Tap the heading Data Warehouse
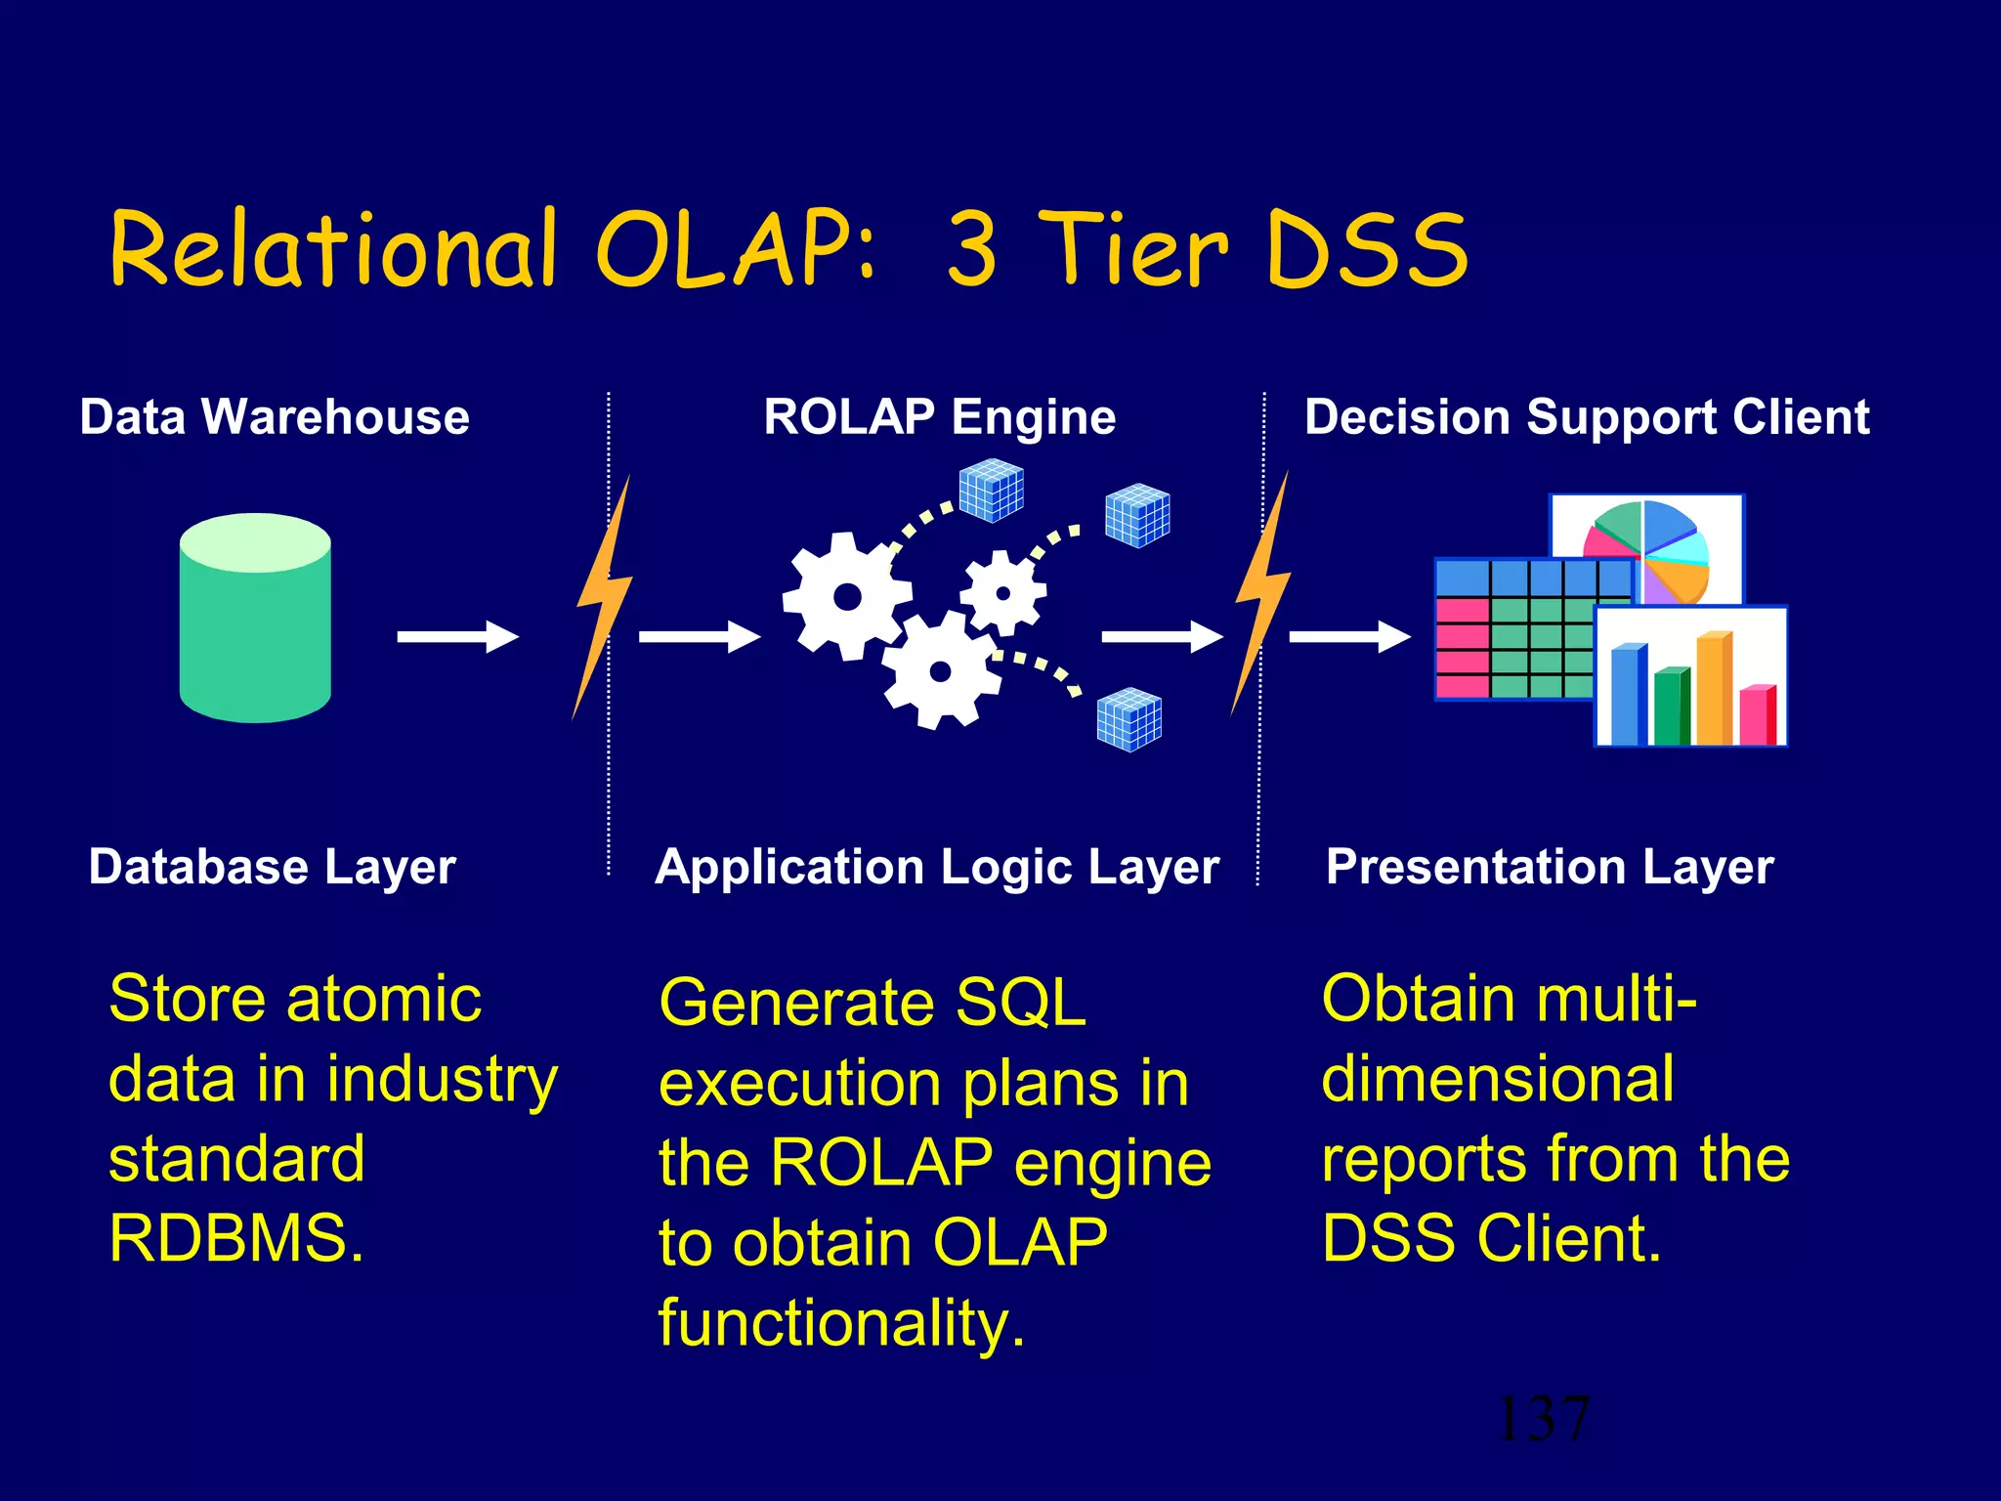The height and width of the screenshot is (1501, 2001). pos(275,417)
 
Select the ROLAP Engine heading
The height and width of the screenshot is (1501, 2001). pos(939,417)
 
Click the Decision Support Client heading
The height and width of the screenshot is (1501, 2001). pos(1586,417)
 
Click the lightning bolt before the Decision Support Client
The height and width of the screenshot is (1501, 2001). pos(1261,592)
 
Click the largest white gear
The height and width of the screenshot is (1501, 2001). pos(846,596)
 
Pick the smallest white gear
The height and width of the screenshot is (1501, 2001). pos(1002,592)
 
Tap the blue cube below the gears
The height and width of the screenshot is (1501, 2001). pos(1129,720)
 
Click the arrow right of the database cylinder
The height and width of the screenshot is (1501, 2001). pos(457,637)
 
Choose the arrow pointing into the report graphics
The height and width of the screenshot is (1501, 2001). pos(1349,637)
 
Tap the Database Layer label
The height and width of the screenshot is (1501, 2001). pos(272,867)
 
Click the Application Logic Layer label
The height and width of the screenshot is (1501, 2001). pos(937,867)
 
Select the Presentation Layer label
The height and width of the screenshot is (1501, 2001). pos(1550,867)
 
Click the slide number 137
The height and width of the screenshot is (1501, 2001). pos(1543,1419)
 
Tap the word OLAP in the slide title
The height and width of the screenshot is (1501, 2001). pos(724,249)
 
